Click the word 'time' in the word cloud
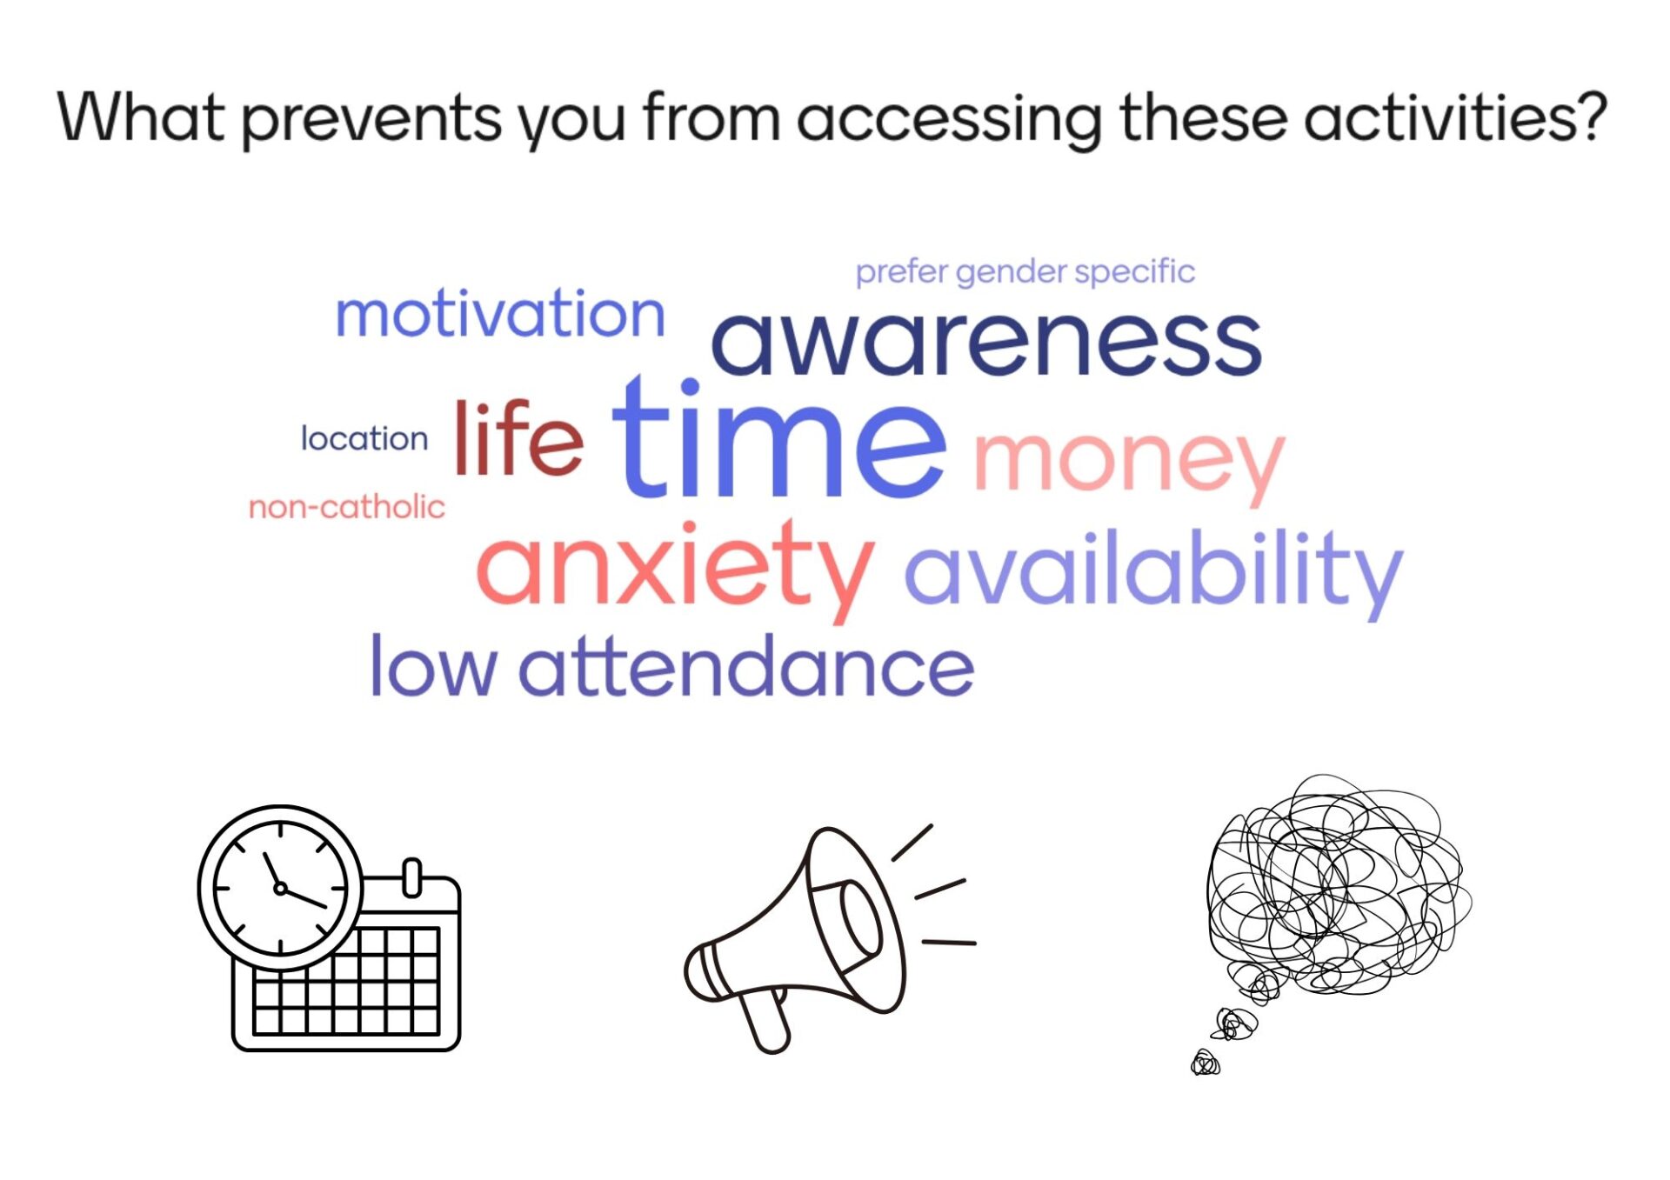778,437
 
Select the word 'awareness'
986,343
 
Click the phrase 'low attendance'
672,665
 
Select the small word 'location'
364,438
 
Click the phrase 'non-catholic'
346,506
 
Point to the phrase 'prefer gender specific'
1025,272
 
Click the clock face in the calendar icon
280,888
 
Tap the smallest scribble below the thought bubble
1206,1063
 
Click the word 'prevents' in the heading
372,119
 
